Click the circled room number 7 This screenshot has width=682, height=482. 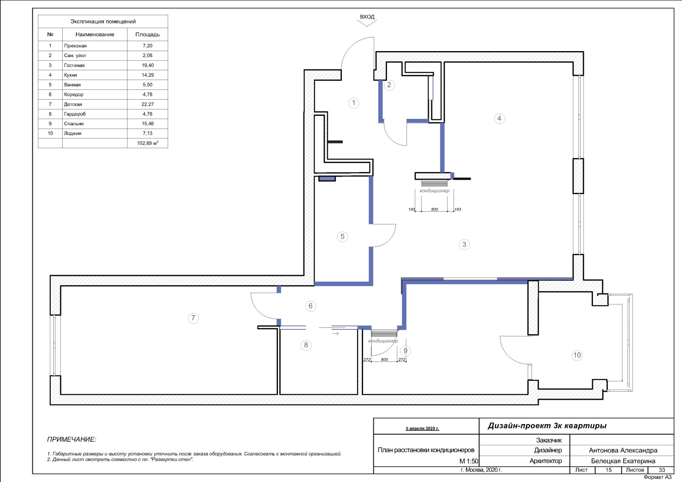[193, 318]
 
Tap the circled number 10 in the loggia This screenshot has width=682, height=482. [577, 355]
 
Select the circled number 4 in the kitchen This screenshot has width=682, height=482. [499, 118]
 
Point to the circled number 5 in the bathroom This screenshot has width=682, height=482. [343, 237]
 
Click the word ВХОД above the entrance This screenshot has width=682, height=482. [367, 17]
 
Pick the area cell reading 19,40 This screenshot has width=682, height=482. [147, 66]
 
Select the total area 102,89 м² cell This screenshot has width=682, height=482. [147, 143]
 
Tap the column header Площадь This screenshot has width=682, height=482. [147, 34]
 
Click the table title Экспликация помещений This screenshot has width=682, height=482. [103, 22]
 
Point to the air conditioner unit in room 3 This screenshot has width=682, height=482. [434, 183]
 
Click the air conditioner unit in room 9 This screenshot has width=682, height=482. [384, 333]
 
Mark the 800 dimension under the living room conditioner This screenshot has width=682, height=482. [434, 209]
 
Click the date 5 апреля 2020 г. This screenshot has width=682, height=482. [422, 428]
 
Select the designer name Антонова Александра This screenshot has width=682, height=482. [623, 450]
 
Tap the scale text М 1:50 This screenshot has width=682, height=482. [468, 461]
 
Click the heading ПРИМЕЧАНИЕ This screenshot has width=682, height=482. [72, 439]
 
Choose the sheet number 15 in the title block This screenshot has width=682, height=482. [608, 470]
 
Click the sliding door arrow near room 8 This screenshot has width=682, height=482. [335, 333]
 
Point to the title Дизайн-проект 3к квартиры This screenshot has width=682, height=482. [547, 426]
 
